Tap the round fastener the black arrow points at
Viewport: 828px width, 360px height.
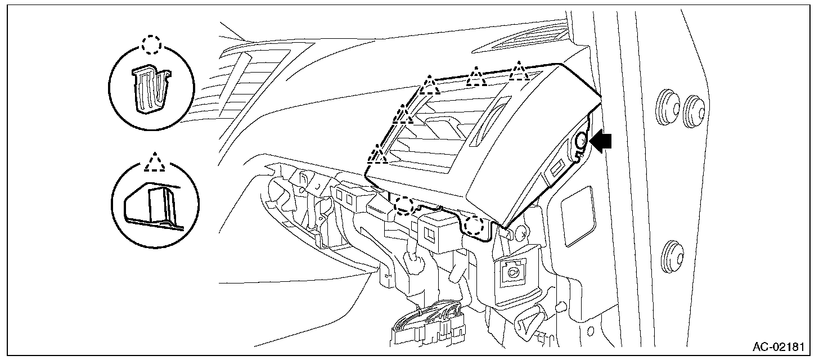(x=582, y=143)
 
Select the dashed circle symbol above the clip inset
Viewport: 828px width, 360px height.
(x=151, y=44)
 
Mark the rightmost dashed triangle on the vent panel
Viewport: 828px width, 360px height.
(x=519, y=71)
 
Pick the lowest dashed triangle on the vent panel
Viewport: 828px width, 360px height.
(x=378, y=155)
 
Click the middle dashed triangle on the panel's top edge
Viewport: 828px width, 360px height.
(x=476, y=77)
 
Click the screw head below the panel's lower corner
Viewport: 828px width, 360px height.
(x=523, y=231)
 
